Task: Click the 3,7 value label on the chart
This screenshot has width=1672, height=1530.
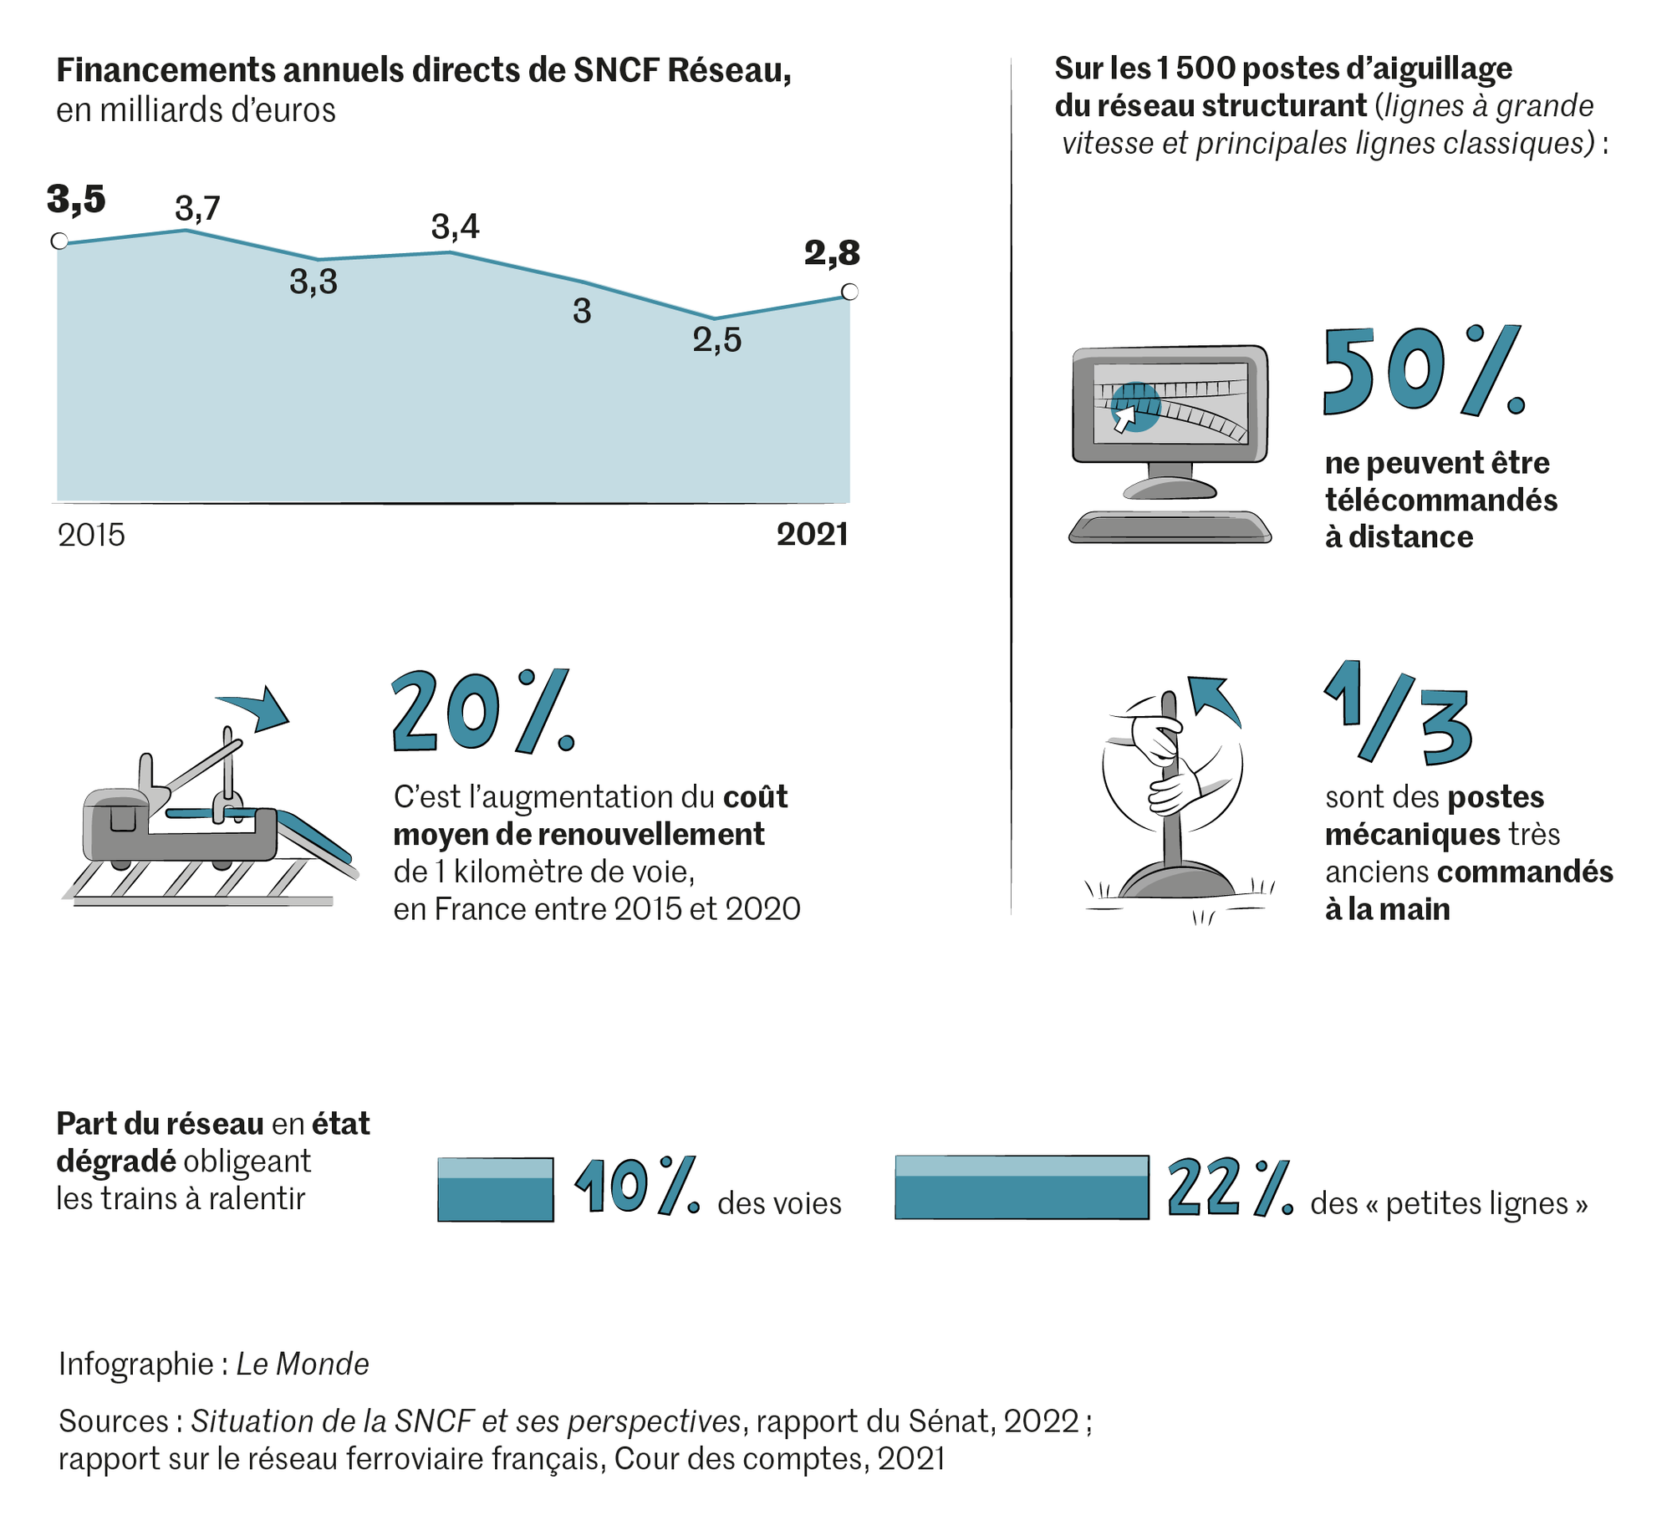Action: tap(197, 209)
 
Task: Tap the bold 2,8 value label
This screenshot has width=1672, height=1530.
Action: tap(832, 253)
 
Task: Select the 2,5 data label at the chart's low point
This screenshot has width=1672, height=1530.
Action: tap(716, 340)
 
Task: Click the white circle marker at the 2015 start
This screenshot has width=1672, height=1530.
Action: tap(59, 241)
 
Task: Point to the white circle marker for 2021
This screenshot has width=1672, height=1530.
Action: tap(850, 292)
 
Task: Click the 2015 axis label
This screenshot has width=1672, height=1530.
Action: tap(91, 535)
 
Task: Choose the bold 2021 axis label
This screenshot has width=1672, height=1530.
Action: tap(812, 535)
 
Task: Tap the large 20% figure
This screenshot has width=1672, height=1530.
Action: tap(483, 712)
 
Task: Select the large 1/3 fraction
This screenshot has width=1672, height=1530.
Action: tap(1399, 714)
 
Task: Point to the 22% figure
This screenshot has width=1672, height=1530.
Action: tap(1230, 1187)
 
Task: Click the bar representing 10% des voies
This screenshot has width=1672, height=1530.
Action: tap(496, 1189)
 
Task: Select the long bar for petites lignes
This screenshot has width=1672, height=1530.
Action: tap(1022, 1187)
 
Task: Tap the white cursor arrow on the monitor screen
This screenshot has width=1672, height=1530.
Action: tap(1125, 418)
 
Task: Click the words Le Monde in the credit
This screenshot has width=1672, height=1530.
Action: tap(302, 1364)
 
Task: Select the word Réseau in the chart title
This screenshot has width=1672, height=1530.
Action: tap(728, 70)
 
